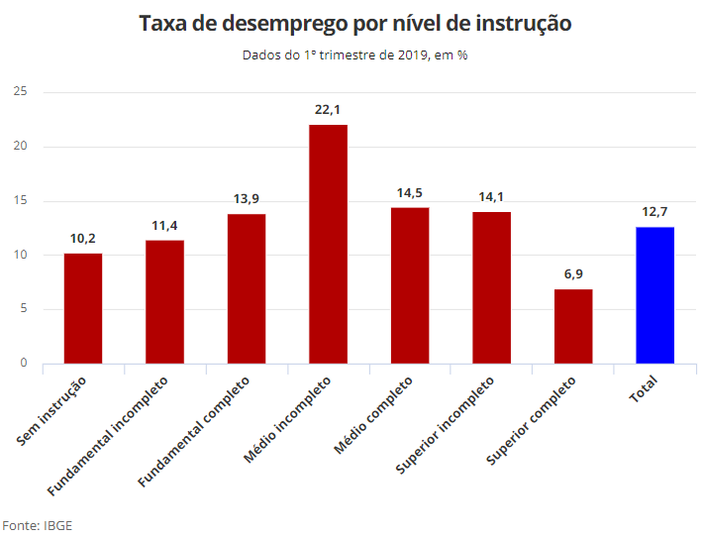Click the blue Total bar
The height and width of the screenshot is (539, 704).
654,295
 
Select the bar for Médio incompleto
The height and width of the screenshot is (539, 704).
328,244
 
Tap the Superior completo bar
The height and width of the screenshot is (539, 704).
573,326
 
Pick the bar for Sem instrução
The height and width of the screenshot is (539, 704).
83,308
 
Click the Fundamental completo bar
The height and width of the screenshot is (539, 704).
247,288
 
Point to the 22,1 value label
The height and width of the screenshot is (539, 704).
328,110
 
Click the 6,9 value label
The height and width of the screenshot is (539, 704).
573,274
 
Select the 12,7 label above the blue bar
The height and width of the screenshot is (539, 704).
654,212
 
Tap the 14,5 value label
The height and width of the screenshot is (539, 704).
410,193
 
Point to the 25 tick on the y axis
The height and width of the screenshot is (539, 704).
20,91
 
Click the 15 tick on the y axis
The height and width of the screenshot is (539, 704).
20,200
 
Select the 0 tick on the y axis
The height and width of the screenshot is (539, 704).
24,363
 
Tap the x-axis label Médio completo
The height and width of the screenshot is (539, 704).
373,415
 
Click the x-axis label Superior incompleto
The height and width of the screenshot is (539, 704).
445,425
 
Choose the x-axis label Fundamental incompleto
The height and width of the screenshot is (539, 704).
107,436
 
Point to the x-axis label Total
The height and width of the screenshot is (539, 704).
644,389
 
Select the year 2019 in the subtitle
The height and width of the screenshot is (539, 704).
413,55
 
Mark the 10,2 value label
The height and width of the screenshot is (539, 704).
82,239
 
